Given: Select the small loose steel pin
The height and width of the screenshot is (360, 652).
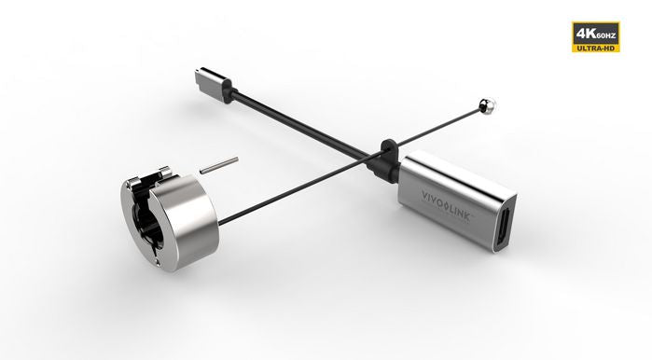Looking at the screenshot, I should tap(218, 165).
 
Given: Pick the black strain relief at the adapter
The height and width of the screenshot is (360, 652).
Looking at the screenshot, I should tap(383, 162).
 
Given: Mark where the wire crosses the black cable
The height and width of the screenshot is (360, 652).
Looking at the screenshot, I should tap(366, 153).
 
